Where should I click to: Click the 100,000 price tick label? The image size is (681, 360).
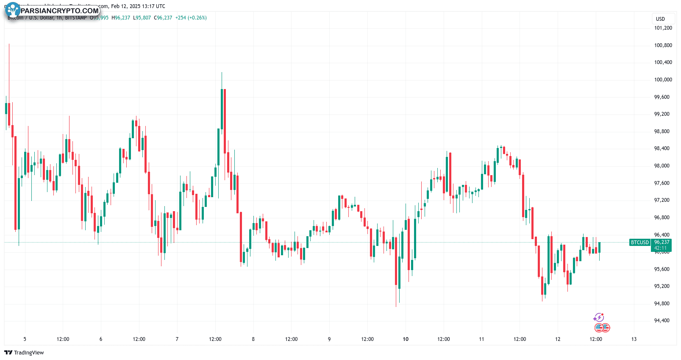(663, 80)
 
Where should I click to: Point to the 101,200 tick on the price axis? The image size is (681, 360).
(663, 28)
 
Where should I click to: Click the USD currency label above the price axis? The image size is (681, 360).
(660, 19)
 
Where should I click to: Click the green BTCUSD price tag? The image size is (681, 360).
(639, 243)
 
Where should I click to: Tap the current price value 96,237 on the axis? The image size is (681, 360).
(662, 243)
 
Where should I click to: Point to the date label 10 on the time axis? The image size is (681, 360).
(406, 339)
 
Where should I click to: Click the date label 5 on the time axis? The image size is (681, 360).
(25, 339)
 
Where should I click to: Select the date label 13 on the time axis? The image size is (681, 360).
(634, 339)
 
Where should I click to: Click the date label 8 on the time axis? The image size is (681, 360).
(253, 339)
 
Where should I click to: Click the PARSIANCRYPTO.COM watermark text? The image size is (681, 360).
(59, 11)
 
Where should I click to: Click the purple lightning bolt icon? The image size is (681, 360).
(598, 318)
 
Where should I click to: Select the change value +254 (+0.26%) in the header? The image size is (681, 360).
(191, 18)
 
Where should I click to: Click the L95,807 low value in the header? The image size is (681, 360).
(142, 18)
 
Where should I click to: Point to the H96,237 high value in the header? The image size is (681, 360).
(121, 18)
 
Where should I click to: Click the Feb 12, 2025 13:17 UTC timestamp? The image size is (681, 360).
(138, 6)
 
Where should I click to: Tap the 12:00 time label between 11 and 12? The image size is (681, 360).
(520, 339)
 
